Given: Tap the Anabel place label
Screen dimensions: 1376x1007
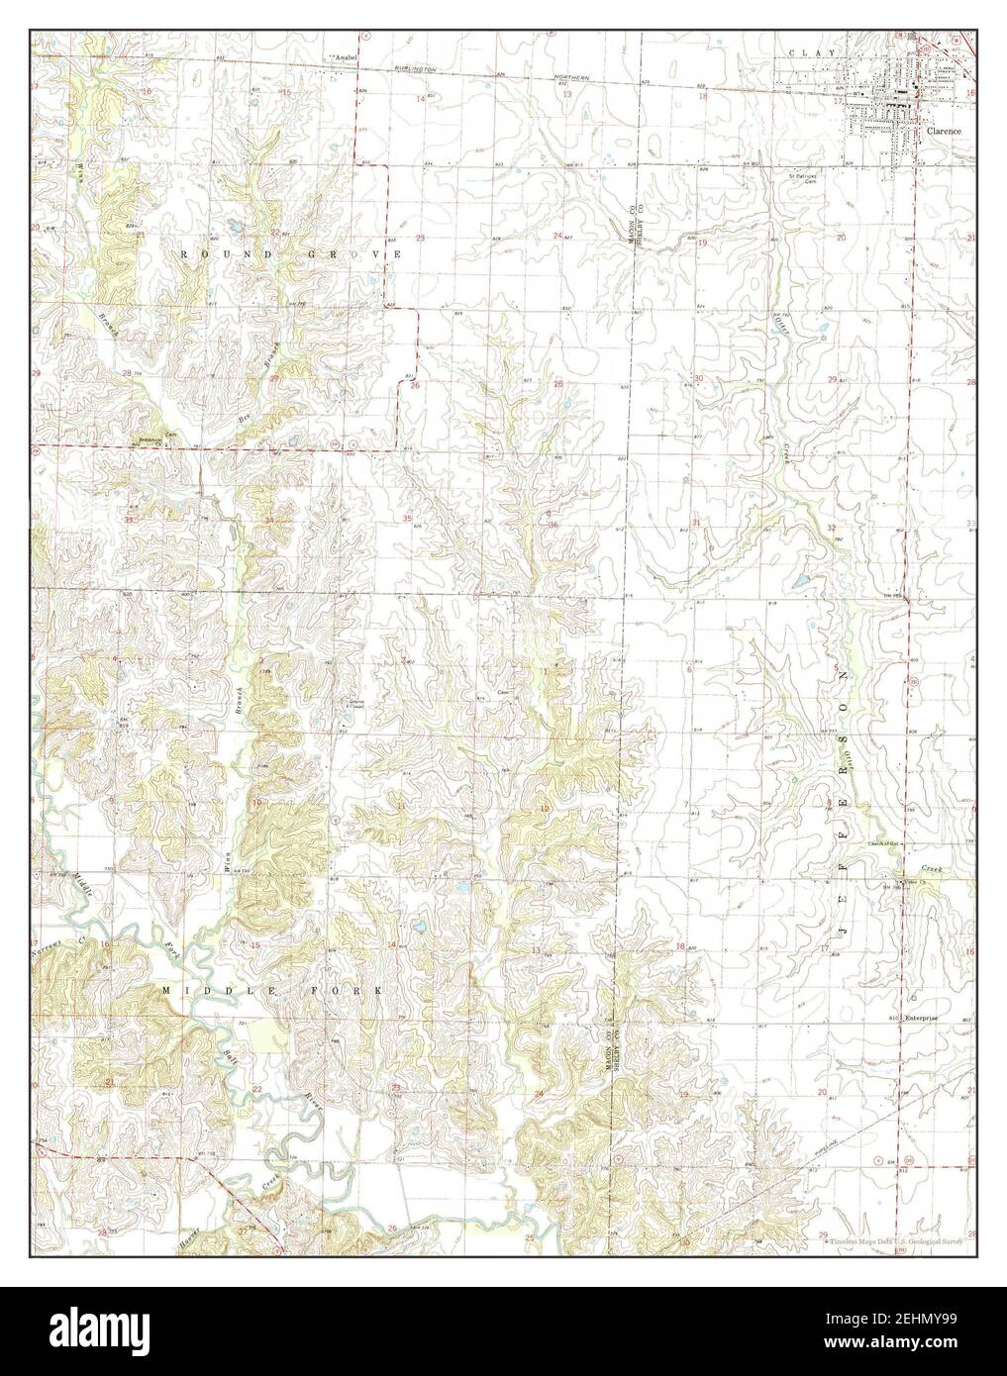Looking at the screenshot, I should coord(344,58).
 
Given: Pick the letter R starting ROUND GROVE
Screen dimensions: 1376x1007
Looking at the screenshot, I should coord(184,254).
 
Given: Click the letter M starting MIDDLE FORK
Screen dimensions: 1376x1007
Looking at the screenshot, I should coord(167,989).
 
